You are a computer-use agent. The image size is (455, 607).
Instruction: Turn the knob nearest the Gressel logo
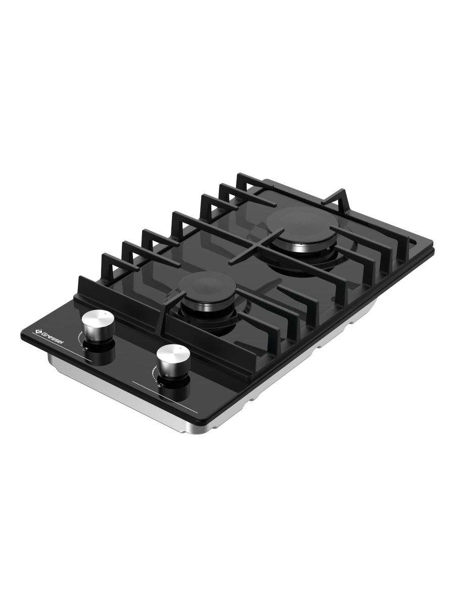pyautogui.click(x=99, y=326)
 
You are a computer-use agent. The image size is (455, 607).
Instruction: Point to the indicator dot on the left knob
pyautogui.click(x=106, y=314)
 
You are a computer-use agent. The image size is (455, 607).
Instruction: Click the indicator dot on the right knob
pyautogui.click(x=180, y=349)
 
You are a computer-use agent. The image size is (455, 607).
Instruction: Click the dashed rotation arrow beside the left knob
pyautogui.click(x=80, y=338)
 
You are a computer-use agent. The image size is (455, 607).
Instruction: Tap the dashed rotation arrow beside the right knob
pyautogui.click(x=154, y=373)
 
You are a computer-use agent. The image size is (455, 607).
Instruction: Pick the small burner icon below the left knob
pyautogui.click(x=86, y=349)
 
